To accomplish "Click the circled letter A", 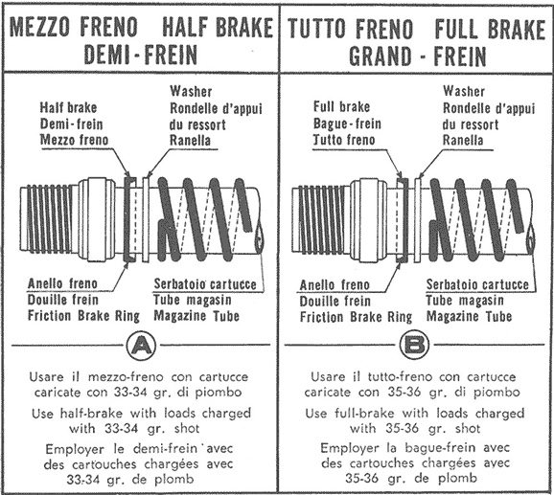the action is (x=141, y=346).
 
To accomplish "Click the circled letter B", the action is (x=414, y=344).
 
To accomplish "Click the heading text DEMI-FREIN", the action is (x=141, y=55).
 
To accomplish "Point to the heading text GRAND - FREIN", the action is (x=418, y=56).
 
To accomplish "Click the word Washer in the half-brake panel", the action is (x=191, y=91).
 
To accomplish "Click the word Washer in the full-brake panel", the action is (x=464, y=91).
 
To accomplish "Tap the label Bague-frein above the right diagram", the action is (x=347, y=124).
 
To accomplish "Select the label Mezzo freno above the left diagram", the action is (x=74, y=140).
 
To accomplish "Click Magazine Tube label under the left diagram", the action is (x=196, y=315).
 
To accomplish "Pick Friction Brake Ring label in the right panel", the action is (x=356, y=317).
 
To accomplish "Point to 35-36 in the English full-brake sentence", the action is (x=402, y=429).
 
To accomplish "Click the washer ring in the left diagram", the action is (x=146, y=219).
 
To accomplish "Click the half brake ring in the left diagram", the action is (x=128, y=219).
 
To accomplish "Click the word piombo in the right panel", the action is (x=496, y=392).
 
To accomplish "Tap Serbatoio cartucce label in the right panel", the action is (x=477, y=284).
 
